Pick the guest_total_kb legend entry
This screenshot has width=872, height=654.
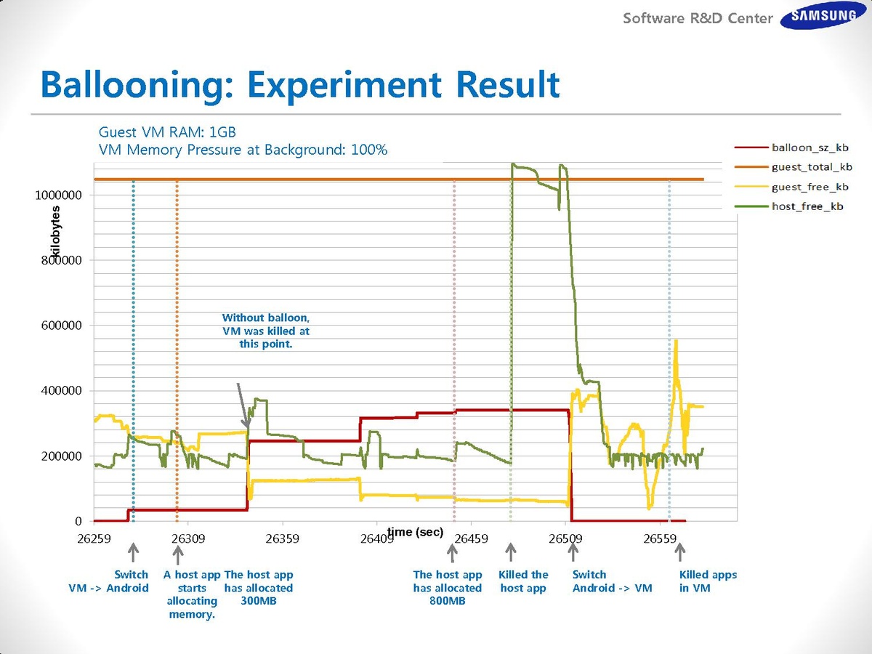(x=812, y=167)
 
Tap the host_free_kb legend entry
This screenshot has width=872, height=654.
(x=807, y=206)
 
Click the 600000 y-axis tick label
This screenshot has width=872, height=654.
(x=62, y=326)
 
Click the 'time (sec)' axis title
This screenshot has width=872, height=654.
(x=415, y=532)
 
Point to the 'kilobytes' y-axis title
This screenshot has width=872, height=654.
(x=55, y=233)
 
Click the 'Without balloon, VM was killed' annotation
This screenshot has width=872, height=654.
(x=266, y=331)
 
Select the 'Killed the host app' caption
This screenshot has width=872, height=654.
(x=523, y=581)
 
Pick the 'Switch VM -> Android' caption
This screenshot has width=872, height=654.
(x=108, y=581)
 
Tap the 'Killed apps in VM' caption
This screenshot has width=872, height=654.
(x=708, y=581)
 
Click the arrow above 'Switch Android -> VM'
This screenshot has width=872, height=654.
(x=573, y=553)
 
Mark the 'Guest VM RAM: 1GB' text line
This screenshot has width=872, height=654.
(x=167, y=132)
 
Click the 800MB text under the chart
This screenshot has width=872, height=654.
(x=448, y=601)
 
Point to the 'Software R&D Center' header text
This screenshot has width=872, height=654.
(x=698, y=18)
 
